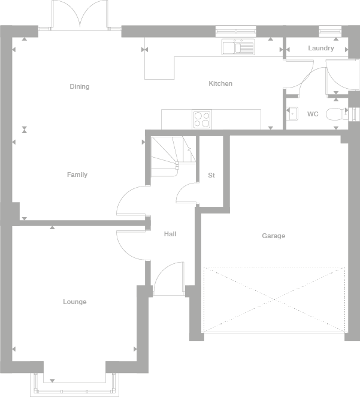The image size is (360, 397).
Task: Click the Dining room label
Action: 79,86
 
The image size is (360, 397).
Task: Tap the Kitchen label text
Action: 220,83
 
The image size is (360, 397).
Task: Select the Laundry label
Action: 321,48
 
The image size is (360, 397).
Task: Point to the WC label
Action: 312,113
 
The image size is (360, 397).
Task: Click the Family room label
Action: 77,175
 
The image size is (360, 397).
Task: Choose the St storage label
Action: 211,175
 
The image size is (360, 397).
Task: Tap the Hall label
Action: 170,234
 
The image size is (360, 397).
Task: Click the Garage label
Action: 273,236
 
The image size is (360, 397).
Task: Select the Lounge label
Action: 75,302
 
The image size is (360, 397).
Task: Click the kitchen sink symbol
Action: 238,47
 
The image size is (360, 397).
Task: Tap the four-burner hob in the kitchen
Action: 202,119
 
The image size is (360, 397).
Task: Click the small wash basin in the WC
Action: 292,113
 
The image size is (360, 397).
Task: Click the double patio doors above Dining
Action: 79,15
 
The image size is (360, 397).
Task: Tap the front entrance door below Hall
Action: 168,279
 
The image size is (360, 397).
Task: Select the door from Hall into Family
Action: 132,201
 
